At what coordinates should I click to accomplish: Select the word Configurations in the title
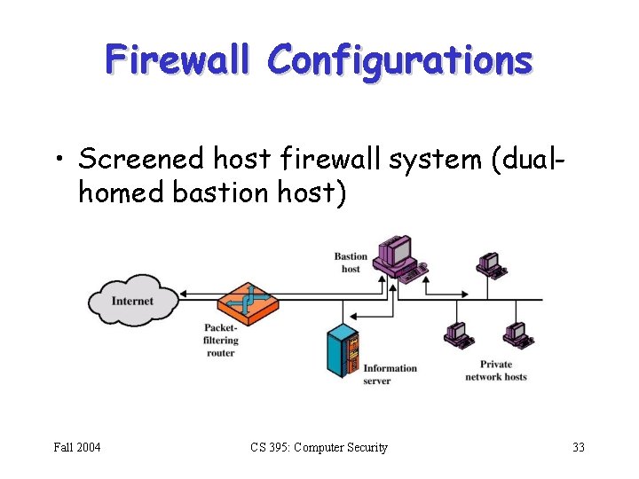pyautogui.click(x=400, y=60)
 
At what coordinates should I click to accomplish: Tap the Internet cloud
pyautogui.click(x=133, y=302)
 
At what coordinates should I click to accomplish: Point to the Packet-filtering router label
pyautogui.click(x=221, y=341)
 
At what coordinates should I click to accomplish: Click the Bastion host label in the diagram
pyautogui.click(x=351, y=263)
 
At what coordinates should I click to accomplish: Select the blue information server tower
pyautogui.click(x=343, y=352)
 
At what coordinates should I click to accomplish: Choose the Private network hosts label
pyautogui.click(x=495, y=371)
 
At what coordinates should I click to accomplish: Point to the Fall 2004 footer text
pyautogui.click(x=76, y=447)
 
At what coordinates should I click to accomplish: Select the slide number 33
pyautogui.click(x=578, y=447)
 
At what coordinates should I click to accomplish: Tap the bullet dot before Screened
pyautogui.click(x=59, y=160)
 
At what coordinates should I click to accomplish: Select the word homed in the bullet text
pyautogui.click(x=114, y=192)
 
